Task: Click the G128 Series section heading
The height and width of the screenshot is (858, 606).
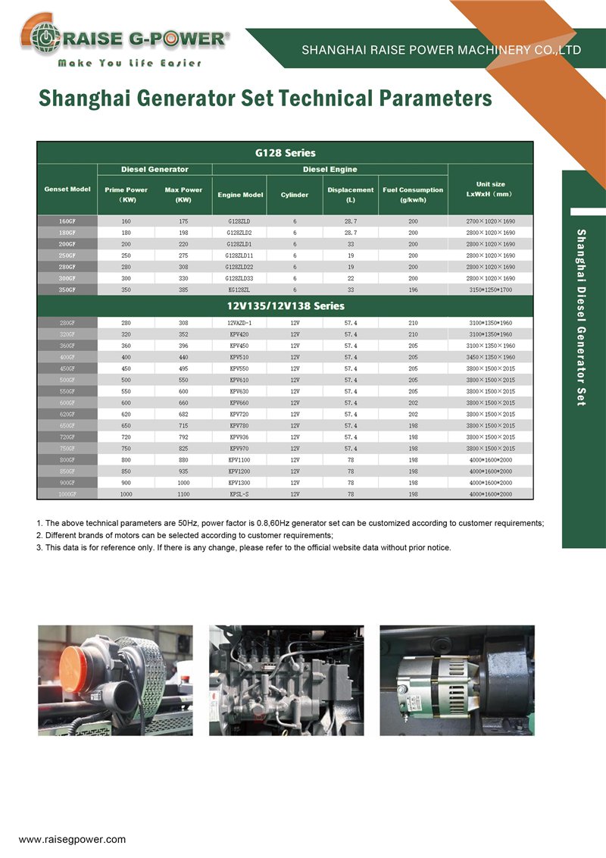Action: coord(286,153)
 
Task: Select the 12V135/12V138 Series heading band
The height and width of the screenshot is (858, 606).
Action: coord(286,306)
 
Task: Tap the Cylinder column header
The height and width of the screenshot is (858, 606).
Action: coord(295,195)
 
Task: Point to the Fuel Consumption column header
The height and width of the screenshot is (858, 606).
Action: coord(413,195)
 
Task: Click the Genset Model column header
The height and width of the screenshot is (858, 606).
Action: coord(67,189)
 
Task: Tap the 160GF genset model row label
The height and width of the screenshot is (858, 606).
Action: coord(67,221)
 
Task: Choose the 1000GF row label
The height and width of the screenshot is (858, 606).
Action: coord(67,494)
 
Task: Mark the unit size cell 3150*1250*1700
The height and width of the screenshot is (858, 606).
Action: coord(491,290)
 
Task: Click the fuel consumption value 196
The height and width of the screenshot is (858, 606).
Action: coord(413,290)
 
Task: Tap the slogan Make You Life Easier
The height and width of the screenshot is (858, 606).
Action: coord(130,63)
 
